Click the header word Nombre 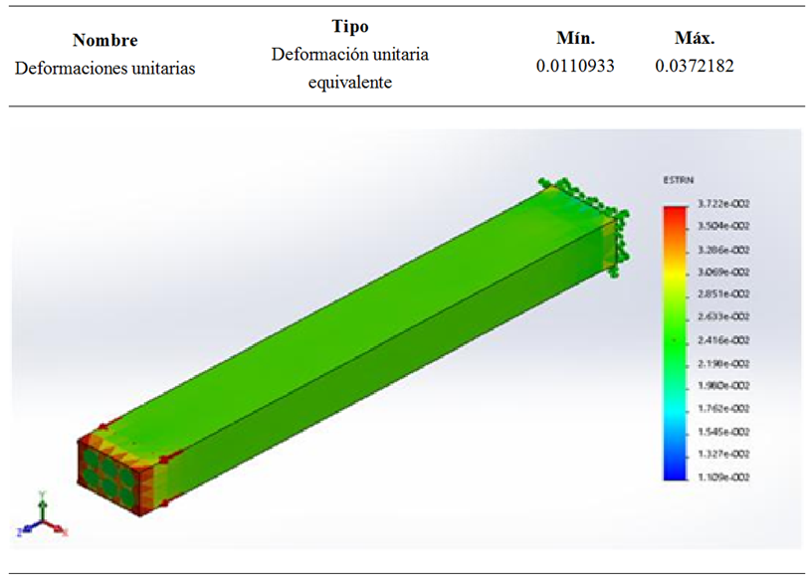(105, 41)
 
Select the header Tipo (349, 26)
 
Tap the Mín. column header (575, 39)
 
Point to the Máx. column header (695, 39)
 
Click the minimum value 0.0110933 (575, 67)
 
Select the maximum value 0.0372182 (695, 67)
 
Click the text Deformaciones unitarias (105, 69)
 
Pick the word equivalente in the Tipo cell (349, 83)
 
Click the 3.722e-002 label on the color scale (724, 204)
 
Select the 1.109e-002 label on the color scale (724, 478)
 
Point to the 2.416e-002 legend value (724, 340)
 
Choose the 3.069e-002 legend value (724, 272)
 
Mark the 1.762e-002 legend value (724, 409)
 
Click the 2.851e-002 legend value (724, 294)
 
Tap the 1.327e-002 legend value (724, 455)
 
